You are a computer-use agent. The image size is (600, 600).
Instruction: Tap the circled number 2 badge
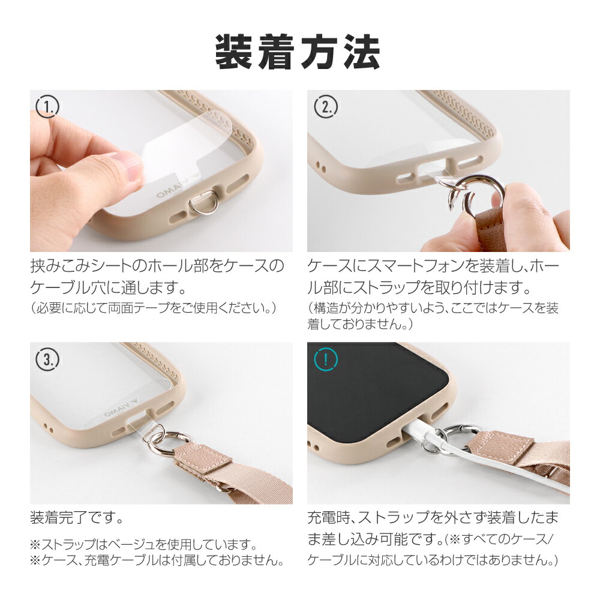(326, 108)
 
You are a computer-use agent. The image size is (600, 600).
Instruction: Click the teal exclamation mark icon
(326, 360)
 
